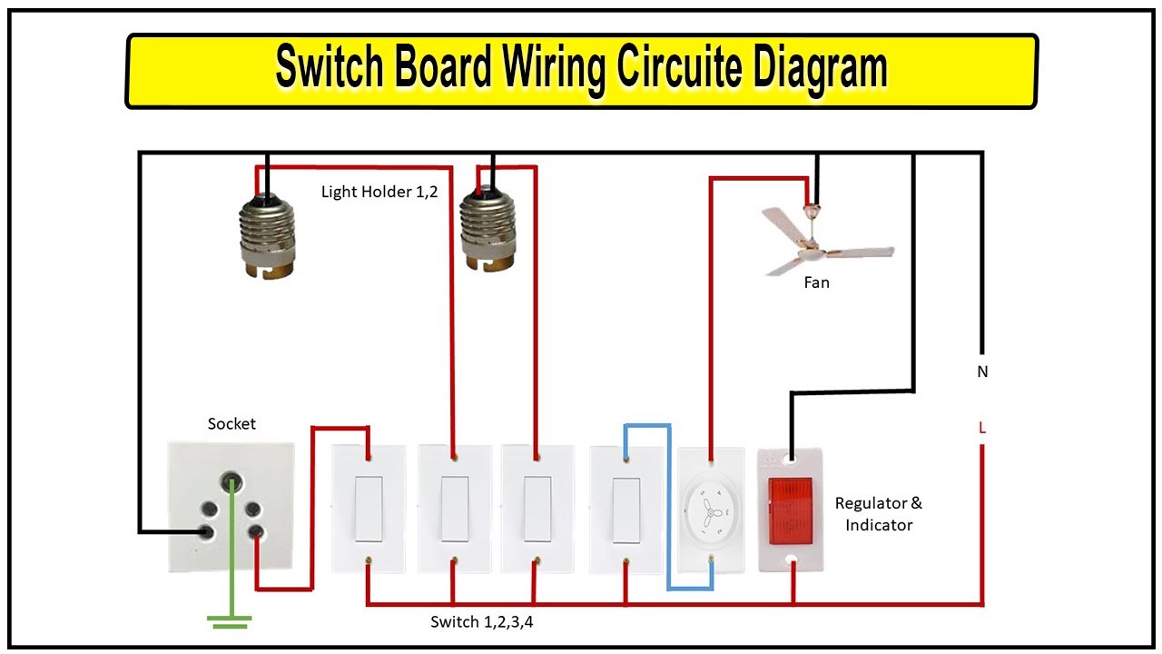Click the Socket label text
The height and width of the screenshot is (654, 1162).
(231, 423)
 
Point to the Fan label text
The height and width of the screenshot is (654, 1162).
(816, 282)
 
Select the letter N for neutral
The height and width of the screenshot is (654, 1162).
(982, 372)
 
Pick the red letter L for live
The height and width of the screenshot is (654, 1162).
(982, 427)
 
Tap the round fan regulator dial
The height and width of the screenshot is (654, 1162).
(710, 510)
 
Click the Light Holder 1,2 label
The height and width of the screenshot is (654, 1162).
(379, 193)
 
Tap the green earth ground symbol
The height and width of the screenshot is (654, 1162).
(229, 621)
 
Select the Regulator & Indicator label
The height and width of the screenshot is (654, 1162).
(878, 514)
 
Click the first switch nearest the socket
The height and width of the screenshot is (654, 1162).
(367, 509)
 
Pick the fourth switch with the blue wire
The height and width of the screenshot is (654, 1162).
(625, 509)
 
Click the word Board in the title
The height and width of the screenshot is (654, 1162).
(419, 69)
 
